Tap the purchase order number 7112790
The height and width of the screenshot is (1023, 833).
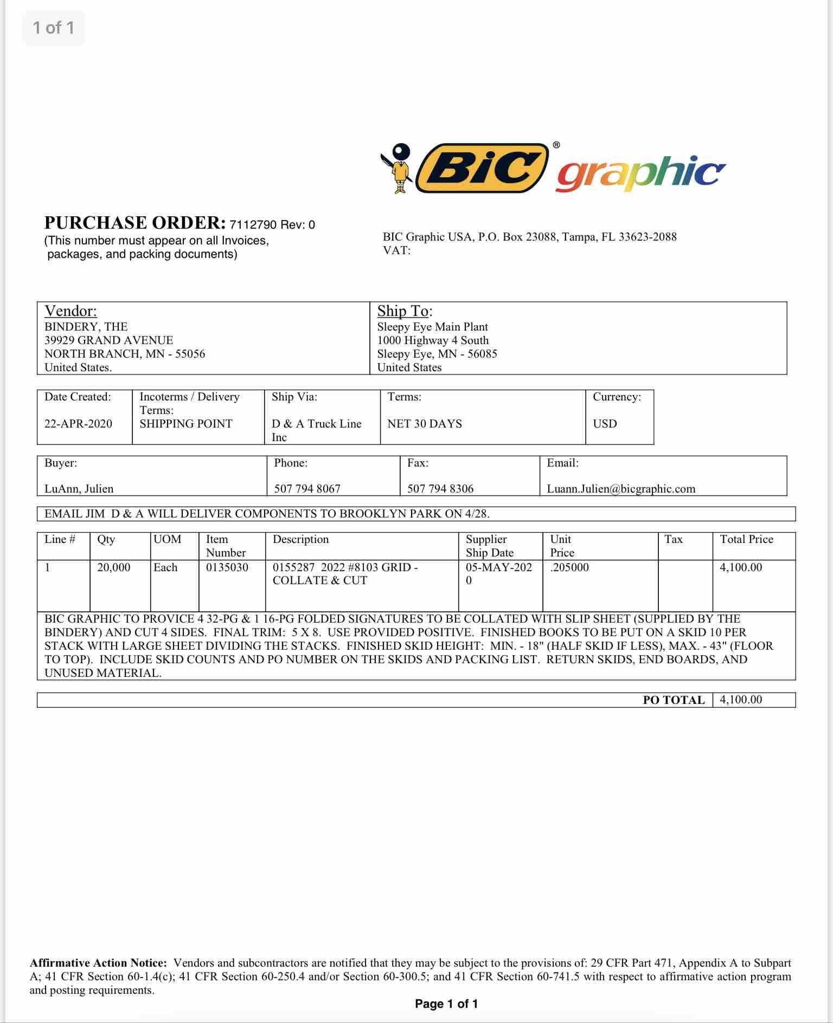[x=253, y=225]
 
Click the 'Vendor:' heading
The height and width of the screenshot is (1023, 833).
[x=71, y=311]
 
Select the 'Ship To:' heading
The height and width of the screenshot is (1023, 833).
[x=405, y=311]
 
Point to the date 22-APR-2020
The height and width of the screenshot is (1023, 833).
[x=78, y=424]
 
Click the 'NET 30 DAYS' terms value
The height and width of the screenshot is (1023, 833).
[x=425, y=424]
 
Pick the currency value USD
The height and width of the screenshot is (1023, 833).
[x=605, y=424]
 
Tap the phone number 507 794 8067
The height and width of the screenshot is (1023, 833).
[x=307, y=489]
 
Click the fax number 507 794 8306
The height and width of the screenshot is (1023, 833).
[x=440, y=489]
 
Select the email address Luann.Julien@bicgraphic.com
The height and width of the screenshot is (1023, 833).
[x=621, y=489]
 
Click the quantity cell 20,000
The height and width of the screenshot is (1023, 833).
[x=113, y=567]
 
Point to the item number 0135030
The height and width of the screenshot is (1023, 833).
[x=227, y=567]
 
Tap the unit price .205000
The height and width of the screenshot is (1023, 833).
[x=569, y=567]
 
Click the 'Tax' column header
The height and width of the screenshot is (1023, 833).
[x=674, y=539]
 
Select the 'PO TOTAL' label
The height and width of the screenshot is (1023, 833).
[x=674, y=700]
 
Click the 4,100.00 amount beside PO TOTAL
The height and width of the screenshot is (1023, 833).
[x=741, y=700]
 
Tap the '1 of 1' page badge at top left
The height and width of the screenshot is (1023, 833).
[x=53, y=28]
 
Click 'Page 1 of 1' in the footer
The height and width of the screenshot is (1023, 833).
[x=446, y=1004]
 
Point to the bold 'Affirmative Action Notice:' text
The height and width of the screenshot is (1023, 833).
[x=98, y=963]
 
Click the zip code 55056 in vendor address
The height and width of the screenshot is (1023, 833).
[x=190, y=354]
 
